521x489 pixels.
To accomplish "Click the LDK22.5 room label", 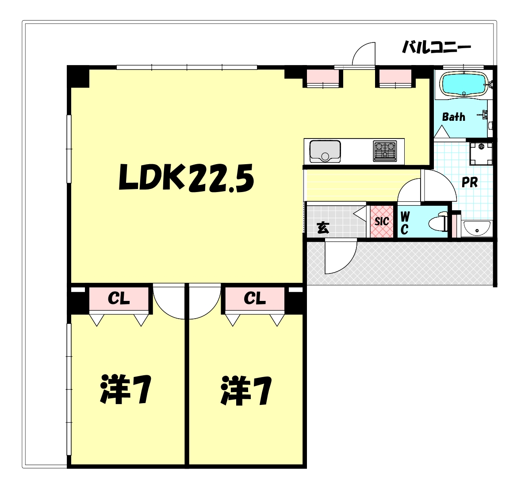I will pos(186,177).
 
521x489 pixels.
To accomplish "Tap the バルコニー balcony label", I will pos(436,47).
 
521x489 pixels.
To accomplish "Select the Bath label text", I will pos(454,117).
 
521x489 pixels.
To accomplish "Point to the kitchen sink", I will pos(325,151).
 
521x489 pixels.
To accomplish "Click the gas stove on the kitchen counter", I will pos(385,150).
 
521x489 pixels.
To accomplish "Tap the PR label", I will pos(469,182).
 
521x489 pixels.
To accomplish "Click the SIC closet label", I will pos(382,221).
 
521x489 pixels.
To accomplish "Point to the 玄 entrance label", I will pos(323,227).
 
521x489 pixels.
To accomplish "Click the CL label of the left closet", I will pos(119,299).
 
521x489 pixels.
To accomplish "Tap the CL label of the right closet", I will pos(255,299).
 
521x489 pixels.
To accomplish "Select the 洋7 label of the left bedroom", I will pos(126,389).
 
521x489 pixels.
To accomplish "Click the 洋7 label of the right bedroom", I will pos(246,391).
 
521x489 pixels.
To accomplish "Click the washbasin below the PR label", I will pos(476,229).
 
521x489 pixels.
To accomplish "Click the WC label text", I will pos(404,223).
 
